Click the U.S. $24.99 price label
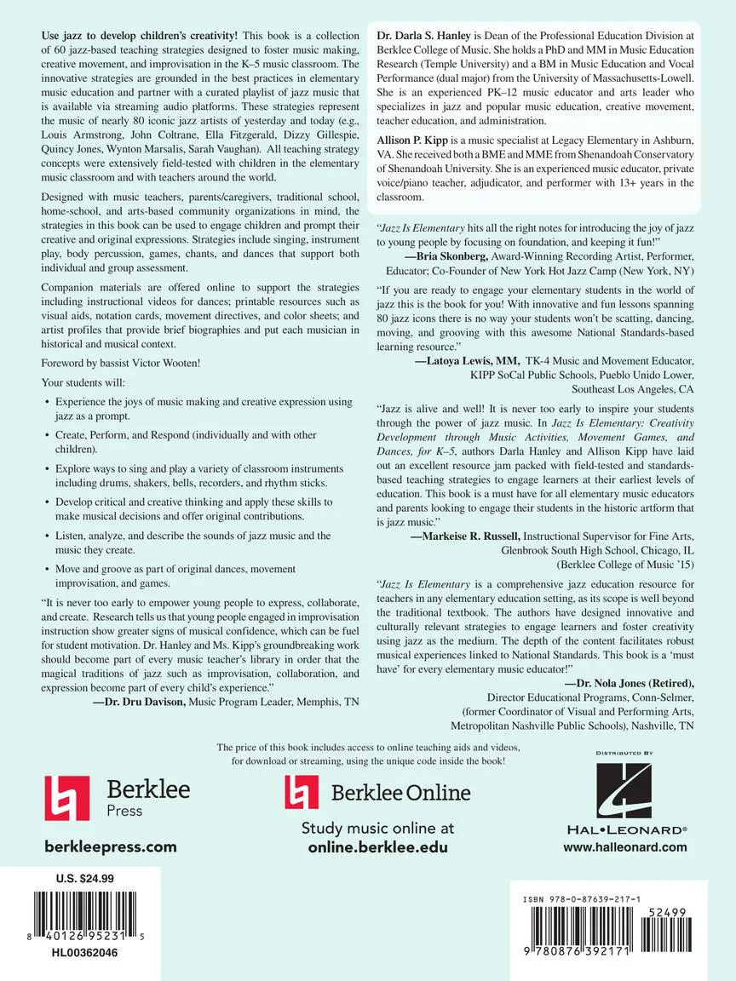84,878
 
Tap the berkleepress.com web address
110,846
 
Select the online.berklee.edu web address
377,847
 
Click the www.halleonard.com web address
624,846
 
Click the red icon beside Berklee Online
301,792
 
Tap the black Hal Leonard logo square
624,791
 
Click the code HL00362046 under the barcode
84,953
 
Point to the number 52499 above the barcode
666,912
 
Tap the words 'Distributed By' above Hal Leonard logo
624,754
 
